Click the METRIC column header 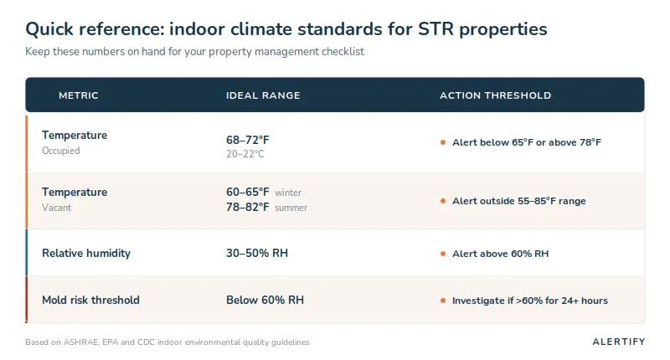pyautogui.click(x=78, y=95)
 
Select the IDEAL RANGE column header pyautogui.click(x=263, y=95)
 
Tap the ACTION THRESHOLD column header pyautogui.click(x=495, y=95)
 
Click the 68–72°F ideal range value pyautogui.click(x=248, y=140)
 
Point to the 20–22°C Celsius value pyautogui.click(x=245, y=154)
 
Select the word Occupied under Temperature pyautogui.click(x=60, y=151)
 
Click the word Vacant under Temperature pyautogui.click(x=56, y=208)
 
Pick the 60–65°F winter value pyautogui.click(x=248, y=193)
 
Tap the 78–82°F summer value pyautogui.click(x=248, y=207)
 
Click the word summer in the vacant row pyautogui.click(x=291, y=208)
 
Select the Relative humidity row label pyautogui.click(x=86, y=253)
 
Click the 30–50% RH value pyautogui.click(x=257, y=253)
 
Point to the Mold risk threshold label pyautogui.click(x=90, y=301)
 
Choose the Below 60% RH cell pyautogui.click(x=265, y=301)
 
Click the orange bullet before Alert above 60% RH pyautogui.click(x=443, y=254)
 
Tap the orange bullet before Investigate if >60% pyautogui.click(x=443, y=301)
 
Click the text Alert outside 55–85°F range pyautogui.click(x=518, y=201)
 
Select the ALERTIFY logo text pyautogui.click(x=619, y=342)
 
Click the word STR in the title pyautogui.click(x=435, y=29)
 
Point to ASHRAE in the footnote pyautogui.click(x=81, y=342)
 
